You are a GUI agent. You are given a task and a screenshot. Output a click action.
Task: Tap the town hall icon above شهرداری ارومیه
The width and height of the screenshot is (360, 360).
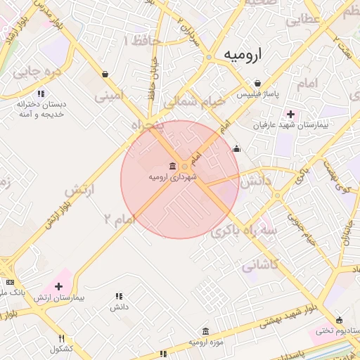tap(172, 166)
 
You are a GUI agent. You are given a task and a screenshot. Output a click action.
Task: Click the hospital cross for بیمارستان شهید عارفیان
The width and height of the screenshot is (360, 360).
tap(290, 114)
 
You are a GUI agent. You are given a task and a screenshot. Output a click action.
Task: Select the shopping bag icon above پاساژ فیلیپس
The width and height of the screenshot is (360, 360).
tap(258, 83)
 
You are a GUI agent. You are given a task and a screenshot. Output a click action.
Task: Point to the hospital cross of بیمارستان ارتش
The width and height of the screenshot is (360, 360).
tap(58, 286)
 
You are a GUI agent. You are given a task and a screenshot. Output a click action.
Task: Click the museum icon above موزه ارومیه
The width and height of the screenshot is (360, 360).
tap(205, 331)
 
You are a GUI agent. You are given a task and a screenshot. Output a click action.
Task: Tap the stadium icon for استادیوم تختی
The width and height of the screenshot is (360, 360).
tap(340, 319)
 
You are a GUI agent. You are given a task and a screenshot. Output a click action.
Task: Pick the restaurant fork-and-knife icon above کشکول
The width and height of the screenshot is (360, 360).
tap(61, 338)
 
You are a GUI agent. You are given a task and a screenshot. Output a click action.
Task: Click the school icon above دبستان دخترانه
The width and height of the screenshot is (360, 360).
tap(41, 93)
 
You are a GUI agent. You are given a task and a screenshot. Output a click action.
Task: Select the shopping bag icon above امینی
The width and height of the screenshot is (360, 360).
tap(105, 73)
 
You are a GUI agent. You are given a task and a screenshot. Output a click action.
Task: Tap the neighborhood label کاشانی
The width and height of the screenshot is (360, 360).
tap(260, 266)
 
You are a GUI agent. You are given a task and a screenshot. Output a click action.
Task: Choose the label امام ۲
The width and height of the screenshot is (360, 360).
tap(118, 220)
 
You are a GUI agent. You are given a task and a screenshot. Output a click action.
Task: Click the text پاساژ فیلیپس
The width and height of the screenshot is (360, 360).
tap(257, 94)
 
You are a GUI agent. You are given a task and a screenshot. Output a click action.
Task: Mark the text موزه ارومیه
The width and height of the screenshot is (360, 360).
tap(205, 342)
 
